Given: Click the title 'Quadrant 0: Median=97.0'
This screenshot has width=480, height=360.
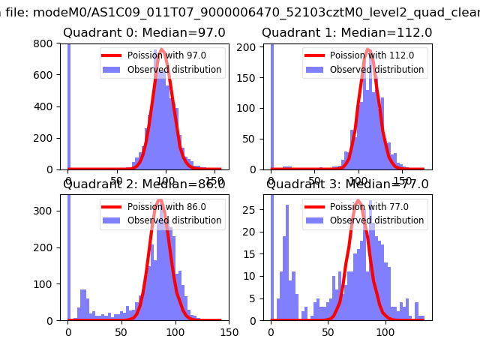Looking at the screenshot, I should pyautogui.click(x=133, y=33).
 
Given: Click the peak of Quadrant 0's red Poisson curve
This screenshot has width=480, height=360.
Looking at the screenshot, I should pyautogui.click(x=162, y=50).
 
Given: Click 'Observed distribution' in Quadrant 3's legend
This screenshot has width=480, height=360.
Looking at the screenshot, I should pyautogui.click(x=376, y=220).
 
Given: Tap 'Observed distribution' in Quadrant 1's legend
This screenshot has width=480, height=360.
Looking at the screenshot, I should pyautogui.click(x=376, y=70).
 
